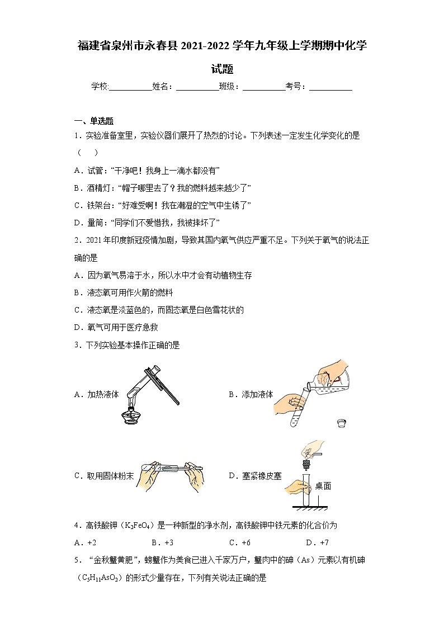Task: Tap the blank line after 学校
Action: (131, 87)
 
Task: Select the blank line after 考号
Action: (330, 87)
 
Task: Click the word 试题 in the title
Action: (222, 69)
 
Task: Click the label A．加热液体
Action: (96, 394)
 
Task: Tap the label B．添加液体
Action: (251, 394)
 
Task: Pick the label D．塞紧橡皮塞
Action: (255, 476)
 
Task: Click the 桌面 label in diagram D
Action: (323, 486)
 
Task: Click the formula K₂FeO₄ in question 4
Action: (136, 525)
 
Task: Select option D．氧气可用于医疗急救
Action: (116, 328)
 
